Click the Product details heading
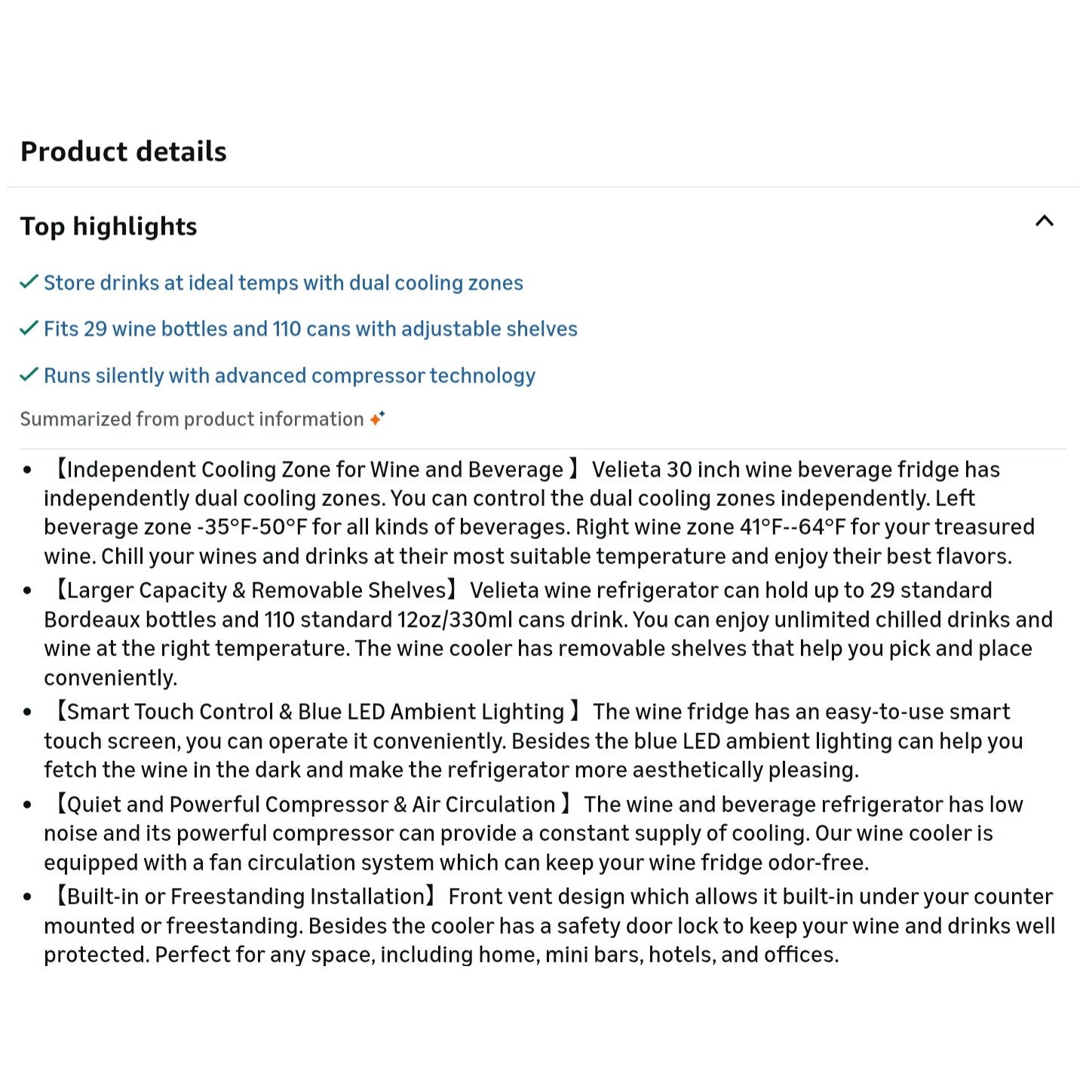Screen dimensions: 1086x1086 [x=123, y=152]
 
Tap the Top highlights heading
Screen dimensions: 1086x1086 [x=109, y=226]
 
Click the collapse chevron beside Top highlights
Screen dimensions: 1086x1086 [x=1044, y=221]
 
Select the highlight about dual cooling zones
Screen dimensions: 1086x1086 [x=283, y=283]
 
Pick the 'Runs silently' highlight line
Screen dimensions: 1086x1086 [x=289, y=376]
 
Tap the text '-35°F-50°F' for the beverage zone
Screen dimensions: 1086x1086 [x=252, y=527]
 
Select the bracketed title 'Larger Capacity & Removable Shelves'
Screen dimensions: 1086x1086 [x=256, y=591]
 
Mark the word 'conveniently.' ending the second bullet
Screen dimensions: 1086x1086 [x=111, y=678]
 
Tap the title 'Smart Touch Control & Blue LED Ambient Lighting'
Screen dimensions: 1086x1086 [x=315, y=712]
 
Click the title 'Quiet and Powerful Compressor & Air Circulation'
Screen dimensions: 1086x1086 [x=311, y=805]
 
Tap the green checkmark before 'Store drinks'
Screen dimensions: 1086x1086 [x=29, y=282]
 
